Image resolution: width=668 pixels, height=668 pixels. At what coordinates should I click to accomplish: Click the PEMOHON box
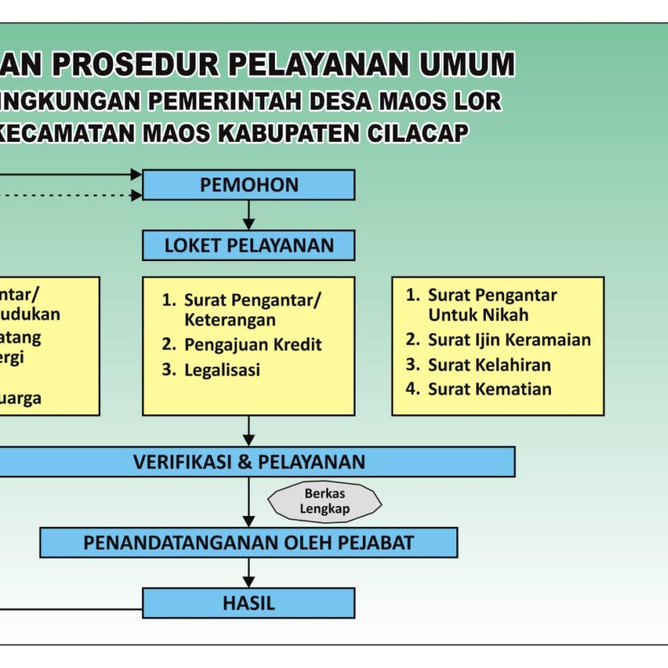(248, 184)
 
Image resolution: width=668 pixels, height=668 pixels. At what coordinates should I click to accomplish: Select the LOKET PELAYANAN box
(248, 245)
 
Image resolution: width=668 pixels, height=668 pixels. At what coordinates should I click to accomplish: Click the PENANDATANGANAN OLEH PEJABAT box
(248, 543)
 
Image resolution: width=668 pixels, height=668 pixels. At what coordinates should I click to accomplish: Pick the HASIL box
(248, 603)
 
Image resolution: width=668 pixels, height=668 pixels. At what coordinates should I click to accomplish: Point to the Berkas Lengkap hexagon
(325, 502)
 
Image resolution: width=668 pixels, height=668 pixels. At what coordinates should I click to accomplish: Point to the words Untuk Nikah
(478, 314)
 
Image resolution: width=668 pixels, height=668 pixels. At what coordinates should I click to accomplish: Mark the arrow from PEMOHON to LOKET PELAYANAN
(248, 215)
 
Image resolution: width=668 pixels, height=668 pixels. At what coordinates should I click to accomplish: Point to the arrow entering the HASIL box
(248, 573)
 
